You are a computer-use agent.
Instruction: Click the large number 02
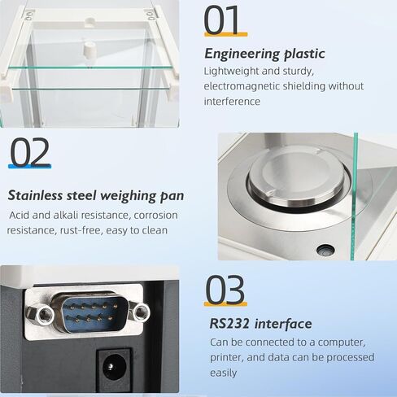pos(30,152)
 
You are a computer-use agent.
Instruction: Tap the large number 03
pos(225,290)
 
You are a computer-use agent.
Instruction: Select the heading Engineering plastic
pos(264,55)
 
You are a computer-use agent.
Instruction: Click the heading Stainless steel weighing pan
pos(95,195)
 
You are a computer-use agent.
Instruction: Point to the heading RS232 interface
pos(260,324)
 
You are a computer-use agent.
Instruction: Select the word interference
pos(232,102)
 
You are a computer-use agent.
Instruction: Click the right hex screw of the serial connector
pos(141,310)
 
